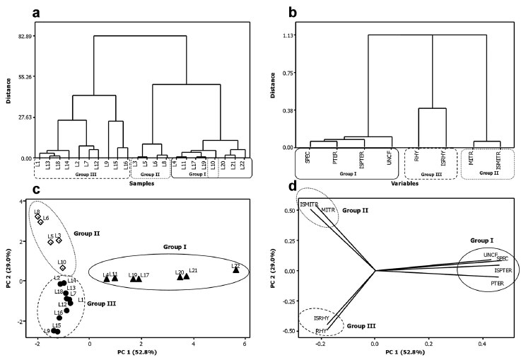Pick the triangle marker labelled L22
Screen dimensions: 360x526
[x=236, y=269]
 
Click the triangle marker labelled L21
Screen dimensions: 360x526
[x=187, y=277]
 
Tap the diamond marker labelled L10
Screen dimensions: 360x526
[x=62, y=268]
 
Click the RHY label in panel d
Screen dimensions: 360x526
[x=320, y=330]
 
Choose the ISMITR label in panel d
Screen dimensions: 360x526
[x=309, y=204]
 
